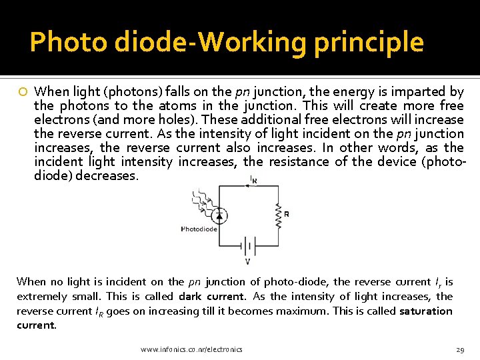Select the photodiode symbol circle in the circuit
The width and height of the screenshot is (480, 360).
218,215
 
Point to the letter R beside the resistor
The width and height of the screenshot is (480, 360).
287,214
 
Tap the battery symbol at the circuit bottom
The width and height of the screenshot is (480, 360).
249,245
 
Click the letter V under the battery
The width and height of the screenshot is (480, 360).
248,261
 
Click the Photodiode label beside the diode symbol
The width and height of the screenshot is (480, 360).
199,229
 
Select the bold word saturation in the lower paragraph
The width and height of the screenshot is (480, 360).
425,311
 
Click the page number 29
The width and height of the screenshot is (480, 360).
459,349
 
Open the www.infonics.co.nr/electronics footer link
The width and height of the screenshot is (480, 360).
191,349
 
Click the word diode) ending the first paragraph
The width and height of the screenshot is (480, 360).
53,175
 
